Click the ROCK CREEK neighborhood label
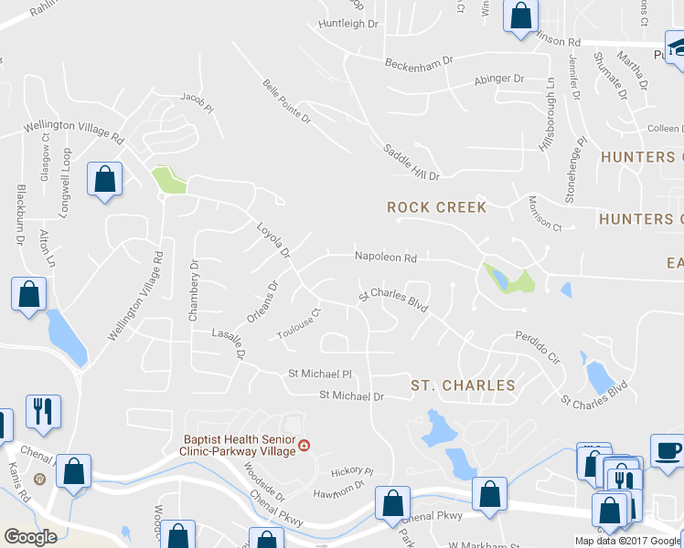(437, 207)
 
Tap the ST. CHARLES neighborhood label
(463, 385)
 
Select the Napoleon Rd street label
(386, 258)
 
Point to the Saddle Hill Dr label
(411, 162)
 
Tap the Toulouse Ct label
(299, 325)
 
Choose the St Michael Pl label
(320, 374)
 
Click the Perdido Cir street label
(535, 343)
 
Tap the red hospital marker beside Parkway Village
(305, 445)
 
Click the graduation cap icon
(677, 48)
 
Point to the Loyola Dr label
(273, 239)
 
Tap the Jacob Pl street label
(197, 102)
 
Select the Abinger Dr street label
(499, 79)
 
